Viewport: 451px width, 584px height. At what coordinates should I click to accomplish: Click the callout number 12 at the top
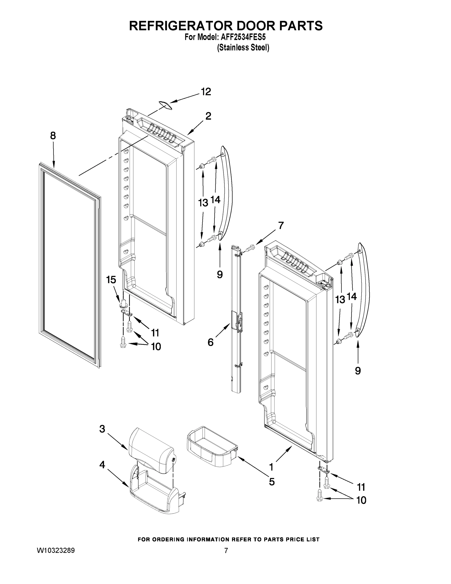[x=206, y=92]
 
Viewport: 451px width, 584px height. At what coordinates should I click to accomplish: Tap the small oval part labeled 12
[x=165, y=105]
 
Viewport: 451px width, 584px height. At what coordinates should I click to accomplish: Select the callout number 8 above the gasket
[x=53, y=136]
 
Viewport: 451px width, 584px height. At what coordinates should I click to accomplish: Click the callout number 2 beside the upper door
[x=208, y=116]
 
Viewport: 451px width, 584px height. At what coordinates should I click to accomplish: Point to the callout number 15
[x=111, y=280]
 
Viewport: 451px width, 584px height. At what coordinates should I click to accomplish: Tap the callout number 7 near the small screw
[x=281, y=226]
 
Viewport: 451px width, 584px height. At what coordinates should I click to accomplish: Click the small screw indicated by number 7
[x=251, y=248]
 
